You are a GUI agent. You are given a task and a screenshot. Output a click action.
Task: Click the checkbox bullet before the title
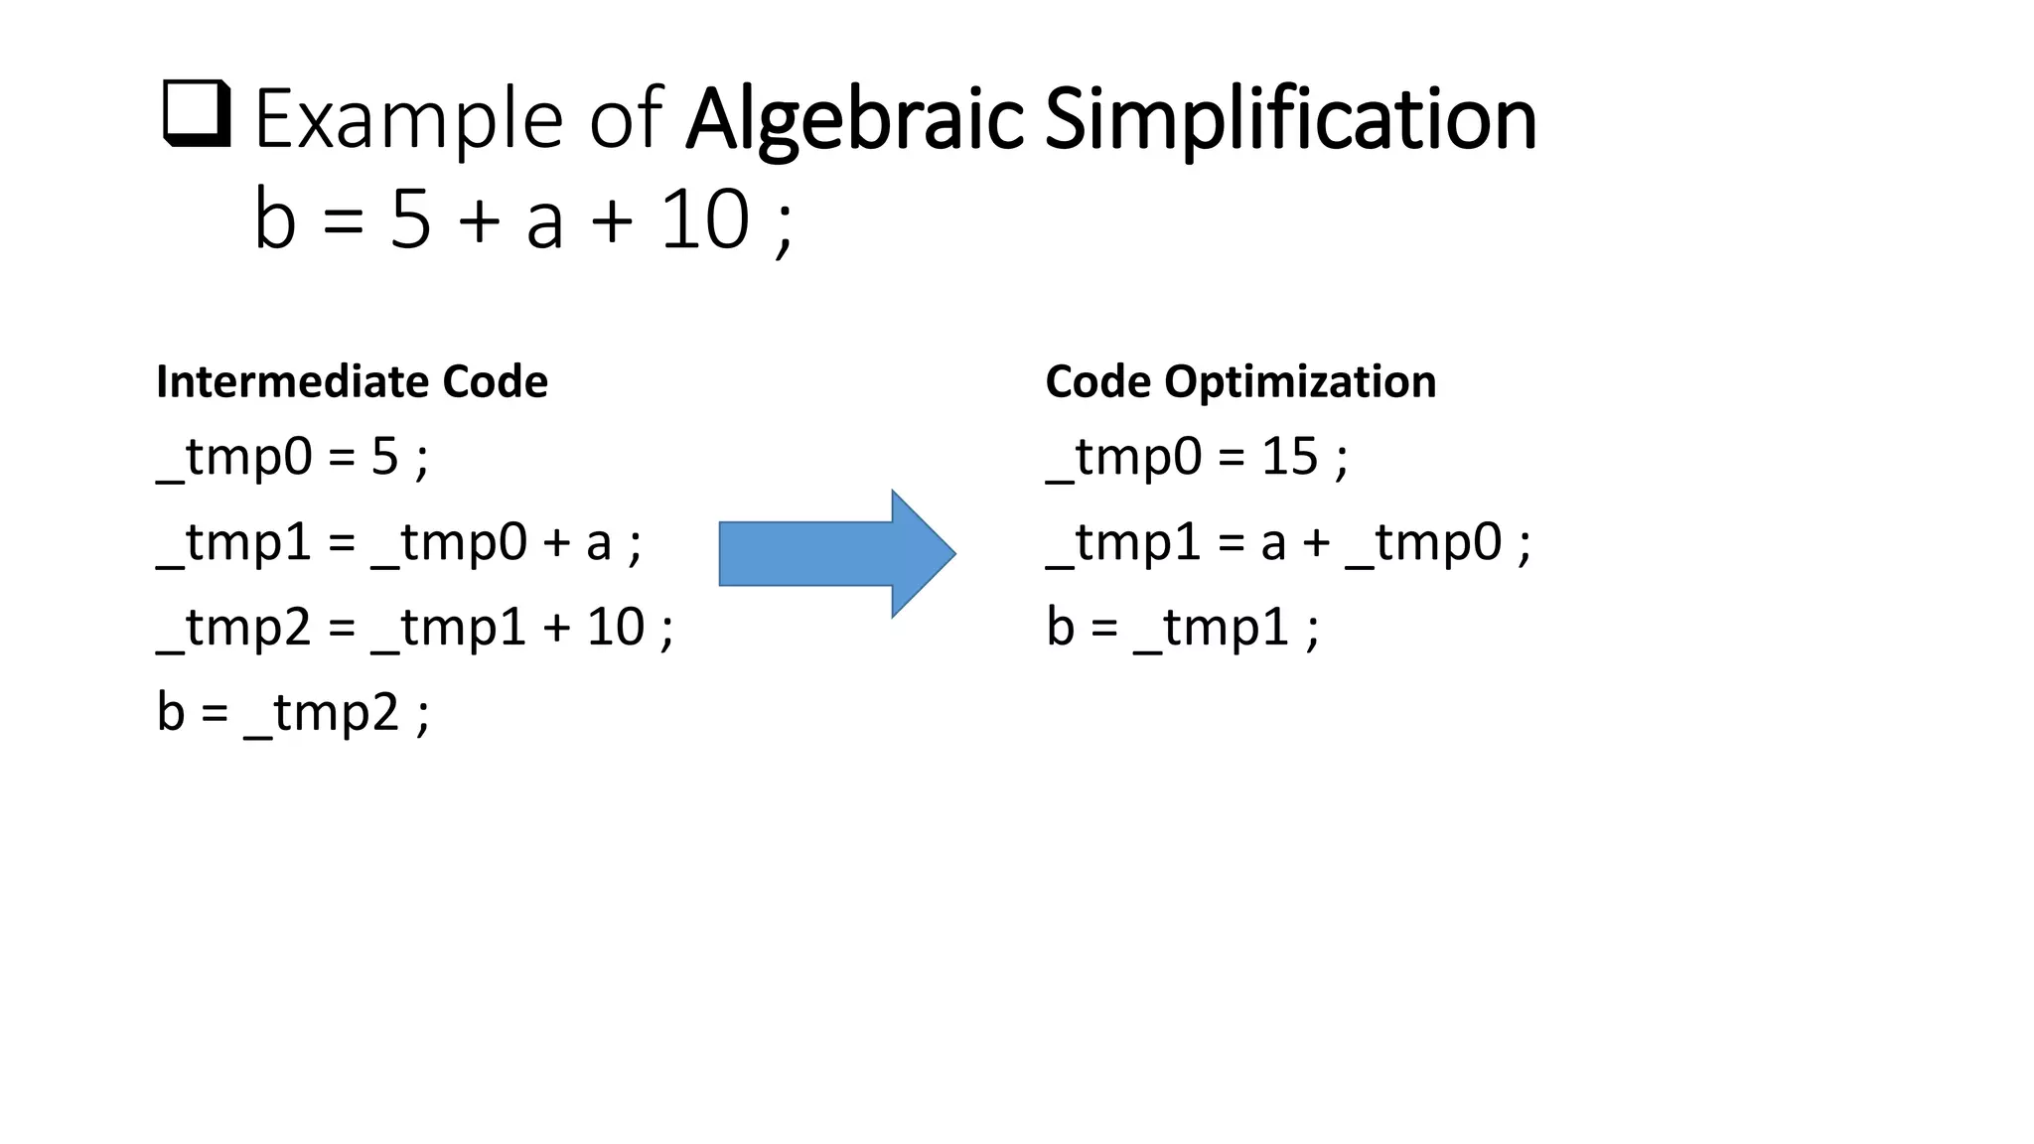tap(197, 114)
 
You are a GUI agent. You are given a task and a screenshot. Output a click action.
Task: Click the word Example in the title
tap(408, 119)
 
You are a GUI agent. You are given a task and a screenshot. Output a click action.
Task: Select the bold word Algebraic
tap(854, 119)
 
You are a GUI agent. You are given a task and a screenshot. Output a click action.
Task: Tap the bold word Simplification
tap(1291, 119)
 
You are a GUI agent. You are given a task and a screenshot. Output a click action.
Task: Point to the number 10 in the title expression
tap(704, 219)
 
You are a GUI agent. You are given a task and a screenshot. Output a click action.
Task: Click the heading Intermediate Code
tap(352, 381)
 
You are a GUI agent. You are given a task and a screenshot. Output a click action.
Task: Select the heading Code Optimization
tap(1240, 381)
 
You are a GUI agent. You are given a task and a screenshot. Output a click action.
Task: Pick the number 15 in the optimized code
tap(1289, 457)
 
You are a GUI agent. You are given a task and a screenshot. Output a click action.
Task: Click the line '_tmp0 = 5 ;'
tap(293, 458)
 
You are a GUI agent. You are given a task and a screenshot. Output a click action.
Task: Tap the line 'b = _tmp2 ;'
tap(293, 713)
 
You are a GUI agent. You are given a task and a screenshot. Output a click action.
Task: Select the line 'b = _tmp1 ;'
tap(1182, 628)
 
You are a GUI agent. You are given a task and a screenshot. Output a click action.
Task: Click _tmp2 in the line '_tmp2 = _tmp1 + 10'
tap(234, 628)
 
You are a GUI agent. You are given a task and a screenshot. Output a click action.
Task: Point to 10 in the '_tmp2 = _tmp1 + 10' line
tap(616, 628)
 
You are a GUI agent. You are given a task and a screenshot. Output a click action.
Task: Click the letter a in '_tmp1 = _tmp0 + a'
tap(598, 543)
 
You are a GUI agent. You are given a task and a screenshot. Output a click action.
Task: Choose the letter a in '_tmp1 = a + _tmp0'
tap(1274, 543)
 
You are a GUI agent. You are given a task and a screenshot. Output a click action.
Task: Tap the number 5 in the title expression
tap(410, 219)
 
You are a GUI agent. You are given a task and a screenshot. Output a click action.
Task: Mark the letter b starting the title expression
tap(275, 219)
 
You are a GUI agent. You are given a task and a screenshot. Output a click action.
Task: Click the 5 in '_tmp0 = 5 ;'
tap(384, 458)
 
